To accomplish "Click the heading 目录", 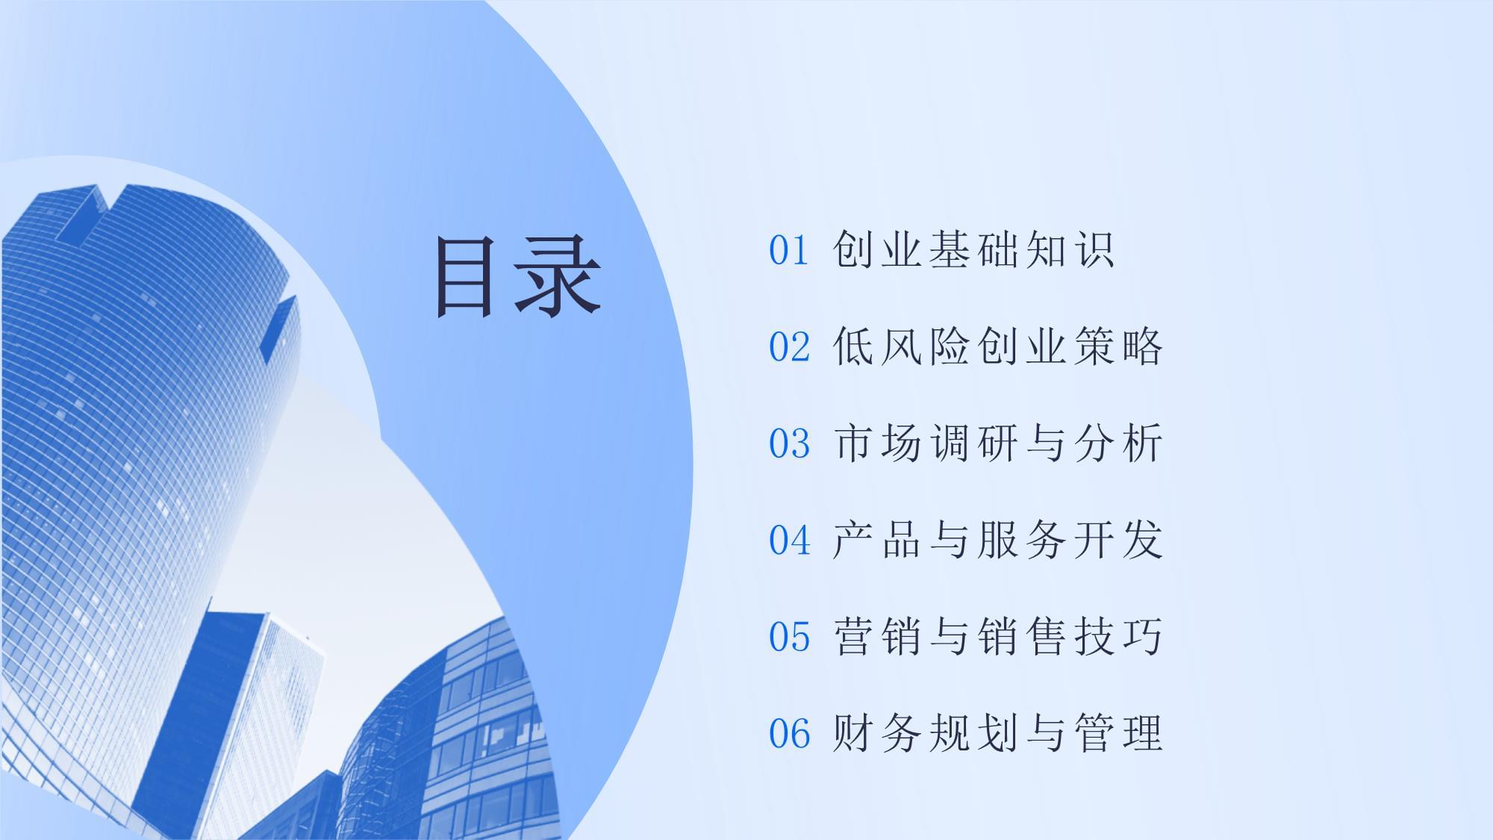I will [518, 276].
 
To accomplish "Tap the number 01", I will [789, 251].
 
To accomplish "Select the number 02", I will [789, 347].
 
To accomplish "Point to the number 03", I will [789, 444].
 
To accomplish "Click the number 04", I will [789, 540].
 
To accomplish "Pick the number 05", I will [789, 637].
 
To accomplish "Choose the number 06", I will [789, 733].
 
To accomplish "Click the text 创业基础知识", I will [973, 249].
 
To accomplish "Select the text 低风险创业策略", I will [997, 346].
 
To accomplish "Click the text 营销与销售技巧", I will [997, 636].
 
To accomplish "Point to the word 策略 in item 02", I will [1118, 346].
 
